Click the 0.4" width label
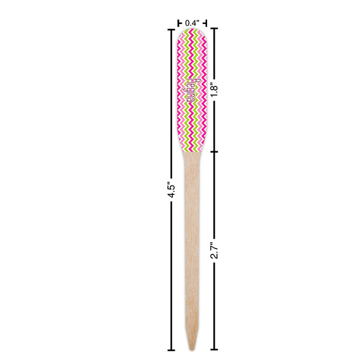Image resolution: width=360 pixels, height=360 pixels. click(192, 22)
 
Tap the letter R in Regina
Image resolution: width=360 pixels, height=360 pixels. click(192, 80)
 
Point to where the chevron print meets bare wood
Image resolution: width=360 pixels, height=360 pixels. click(192, 151)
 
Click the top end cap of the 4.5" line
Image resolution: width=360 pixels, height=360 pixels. click(170, 28)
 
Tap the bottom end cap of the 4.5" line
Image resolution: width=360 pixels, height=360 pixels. click(170, 350)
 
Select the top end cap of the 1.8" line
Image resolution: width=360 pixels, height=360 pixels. click(214, 28)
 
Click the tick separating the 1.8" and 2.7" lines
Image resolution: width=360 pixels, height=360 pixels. click(214, 151)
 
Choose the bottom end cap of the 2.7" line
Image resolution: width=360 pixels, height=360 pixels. click(214, 350)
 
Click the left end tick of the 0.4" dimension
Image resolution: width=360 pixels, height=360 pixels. click(179, 23)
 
